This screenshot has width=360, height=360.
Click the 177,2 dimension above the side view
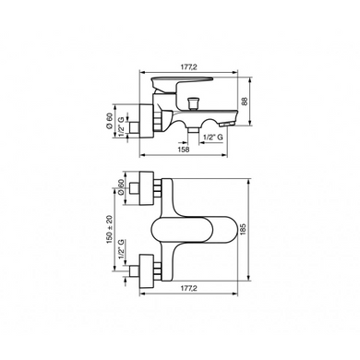click(188, 66)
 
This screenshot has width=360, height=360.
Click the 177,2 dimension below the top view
click(188, 288)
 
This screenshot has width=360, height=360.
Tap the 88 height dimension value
click(245, 101)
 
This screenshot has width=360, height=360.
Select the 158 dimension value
click(184, 150)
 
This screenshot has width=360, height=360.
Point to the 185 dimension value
click(243, 230)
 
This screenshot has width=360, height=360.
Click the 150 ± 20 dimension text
click(110, 230)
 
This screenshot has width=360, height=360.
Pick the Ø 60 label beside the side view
click(110, 121)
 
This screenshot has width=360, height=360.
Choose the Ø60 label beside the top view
click(121, 187)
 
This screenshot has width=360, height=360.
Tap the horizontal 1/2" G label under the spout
click(213, 138)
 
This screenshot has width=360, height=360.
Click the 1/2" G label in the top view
click(122, 248)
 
